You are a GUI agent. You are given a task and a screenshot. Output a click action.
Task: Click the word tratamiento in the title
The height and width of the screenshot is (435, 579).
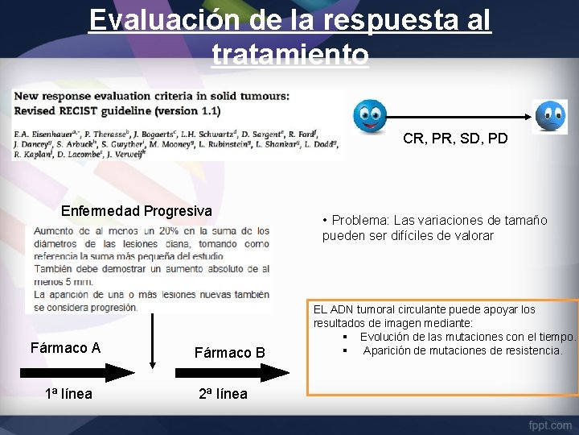tap(290, 55)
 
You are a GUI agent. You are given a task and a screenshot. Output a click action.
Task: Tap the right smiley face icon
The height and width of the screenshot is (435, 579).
tap(551, 116)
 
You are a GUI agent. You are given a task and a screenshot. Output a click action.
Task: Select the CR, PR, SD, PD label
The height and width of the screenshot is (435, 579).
tap(455, 139)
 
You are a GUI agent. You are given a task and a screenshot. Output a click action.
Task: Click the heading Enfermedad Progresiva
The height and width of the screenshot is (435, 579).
tap(137, 211)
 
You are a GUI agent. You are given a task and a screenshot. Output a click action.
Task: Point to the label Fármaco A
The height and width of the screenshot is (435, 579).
tap(65, 348)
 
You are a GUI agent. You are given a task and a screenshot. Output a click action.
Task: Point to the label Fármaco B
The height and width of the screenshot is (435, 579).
tap(230, 353)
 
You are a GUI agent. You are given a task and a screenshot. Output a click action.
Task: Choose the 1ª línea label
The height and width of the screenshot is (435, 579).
tap(68, 394)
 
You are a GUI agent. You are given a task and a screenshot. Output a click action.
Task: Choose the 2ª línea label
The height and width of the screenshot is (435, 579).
tap(223, 394)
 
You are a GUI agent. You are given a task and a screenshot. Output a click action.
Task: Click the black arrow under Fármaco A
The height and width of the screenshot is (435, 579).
tap(76, 372)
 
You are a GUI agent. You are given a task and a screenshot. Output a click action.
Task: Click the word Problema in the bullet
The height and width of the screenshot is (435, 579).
tap(359, 221)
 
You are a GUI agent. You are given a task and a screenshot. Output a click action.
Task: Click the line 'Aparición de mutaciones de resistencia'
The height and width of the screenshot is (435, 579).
tap(462, 350)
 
